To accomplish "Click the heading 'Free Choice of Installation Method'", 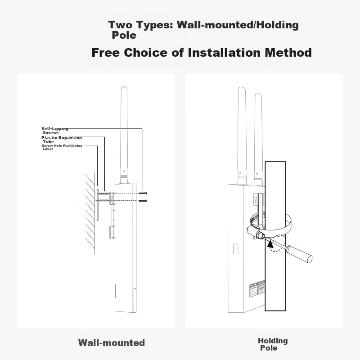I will pyautogui.click(x=202, y=53).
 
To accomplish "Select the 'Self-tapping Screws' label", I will pyautogui.click(x=54, y=130).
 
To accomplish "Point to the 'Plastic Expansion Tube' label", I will pyautogui.click(x=61, y=139).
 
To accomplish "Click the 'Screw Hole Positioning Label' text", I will pyautogui.click(x=62, y=147).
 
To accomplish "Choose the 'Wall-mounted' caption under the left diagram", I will pyautogui.click(x=112, y=343).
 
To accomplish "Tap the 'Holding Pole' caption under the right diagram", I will pyautogui.click(x=272, y=344).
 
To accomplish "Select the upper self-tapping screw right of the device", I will pyautogui.click(x=143, y=193).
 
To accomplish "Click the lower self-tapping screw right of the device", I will pyautogui.click(x=143, y=201).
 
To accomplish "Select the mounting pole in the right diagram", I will pyautogui.click(x=275, y=270).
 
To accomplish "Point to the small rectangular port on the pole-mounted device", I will pyautogui.click(x=235, y=249).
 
